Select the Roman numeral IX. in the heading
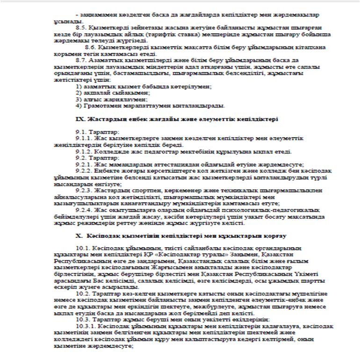[80, 119]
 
